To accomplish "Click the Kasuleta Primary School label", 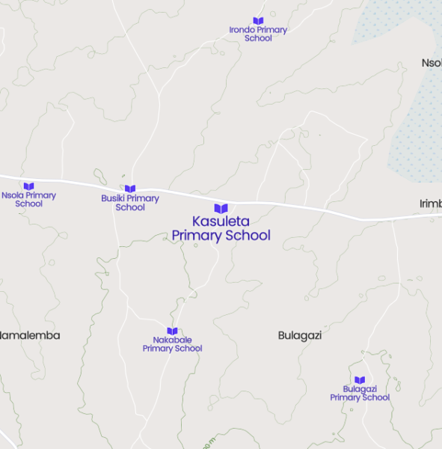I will tap(221, 228).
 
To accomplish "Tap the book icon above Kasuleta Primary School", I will tap(221, 208).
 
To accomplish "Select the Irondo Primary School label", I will tap(258, 34).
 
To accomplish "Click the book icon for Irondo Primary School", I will tap(258, 21).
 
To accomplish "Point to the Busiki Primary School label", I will tap(130, 203).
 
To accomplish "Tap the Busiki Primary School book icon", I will tap(130, 189).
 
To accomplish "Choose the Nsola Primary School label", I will tap(28, 199).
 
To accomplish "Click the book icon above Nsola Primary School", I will tap(28, 186).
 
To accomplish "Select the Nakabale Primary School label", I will tap(172, 344).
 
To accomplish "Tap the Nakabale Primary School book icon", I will tap(172, 331).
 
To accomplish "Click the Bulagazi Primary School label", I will tap(360, 394).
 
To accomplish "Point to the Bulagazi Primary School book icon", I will tap(360, 380).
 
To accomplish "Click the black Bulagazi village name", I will tap(299, 335).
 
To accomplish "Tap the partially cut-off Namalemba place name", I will tap(30, 335).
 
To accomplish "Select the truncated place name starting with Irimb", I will tap(431, 204).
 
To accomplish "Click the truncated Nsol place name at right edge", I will tap(432, 63).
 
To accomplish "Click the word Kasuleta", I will tap(221, 222).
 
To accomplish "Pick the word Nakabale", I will tap(172, 340).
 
